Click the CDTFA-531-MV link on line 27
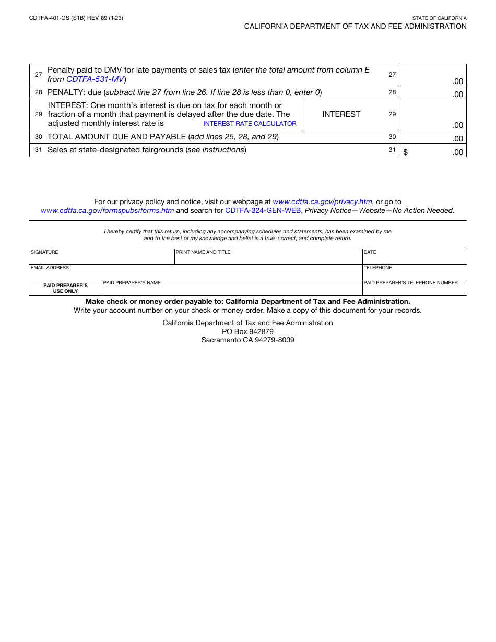point(95,79)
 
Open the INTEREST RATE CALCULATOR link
point(250,124)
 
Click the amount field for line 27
point(432,75)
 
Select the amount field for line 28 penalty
point(432,93)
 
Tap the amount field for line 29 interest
point(432,115)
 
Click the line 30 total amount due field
point(432,137)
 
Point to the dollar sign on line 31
point(406,152)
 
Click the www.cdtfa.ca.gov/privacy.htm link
point(322,201)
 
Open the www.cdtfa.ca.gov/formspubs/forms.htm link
point(108,211)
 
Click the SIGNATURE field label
point(44,252)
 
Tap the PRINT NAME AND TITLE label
point(203,252)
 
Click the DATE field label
point(370,252)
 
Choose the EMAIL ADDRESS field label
point(50,268)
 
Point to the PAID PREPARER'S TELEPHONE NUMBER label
point(410,283)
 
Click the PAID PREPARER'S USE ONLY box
point(66,288)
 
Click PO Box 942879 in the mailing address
point(247,331)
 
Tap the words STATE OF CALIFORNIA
point(439,18)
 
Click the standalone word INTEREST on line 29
point(341,114)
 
